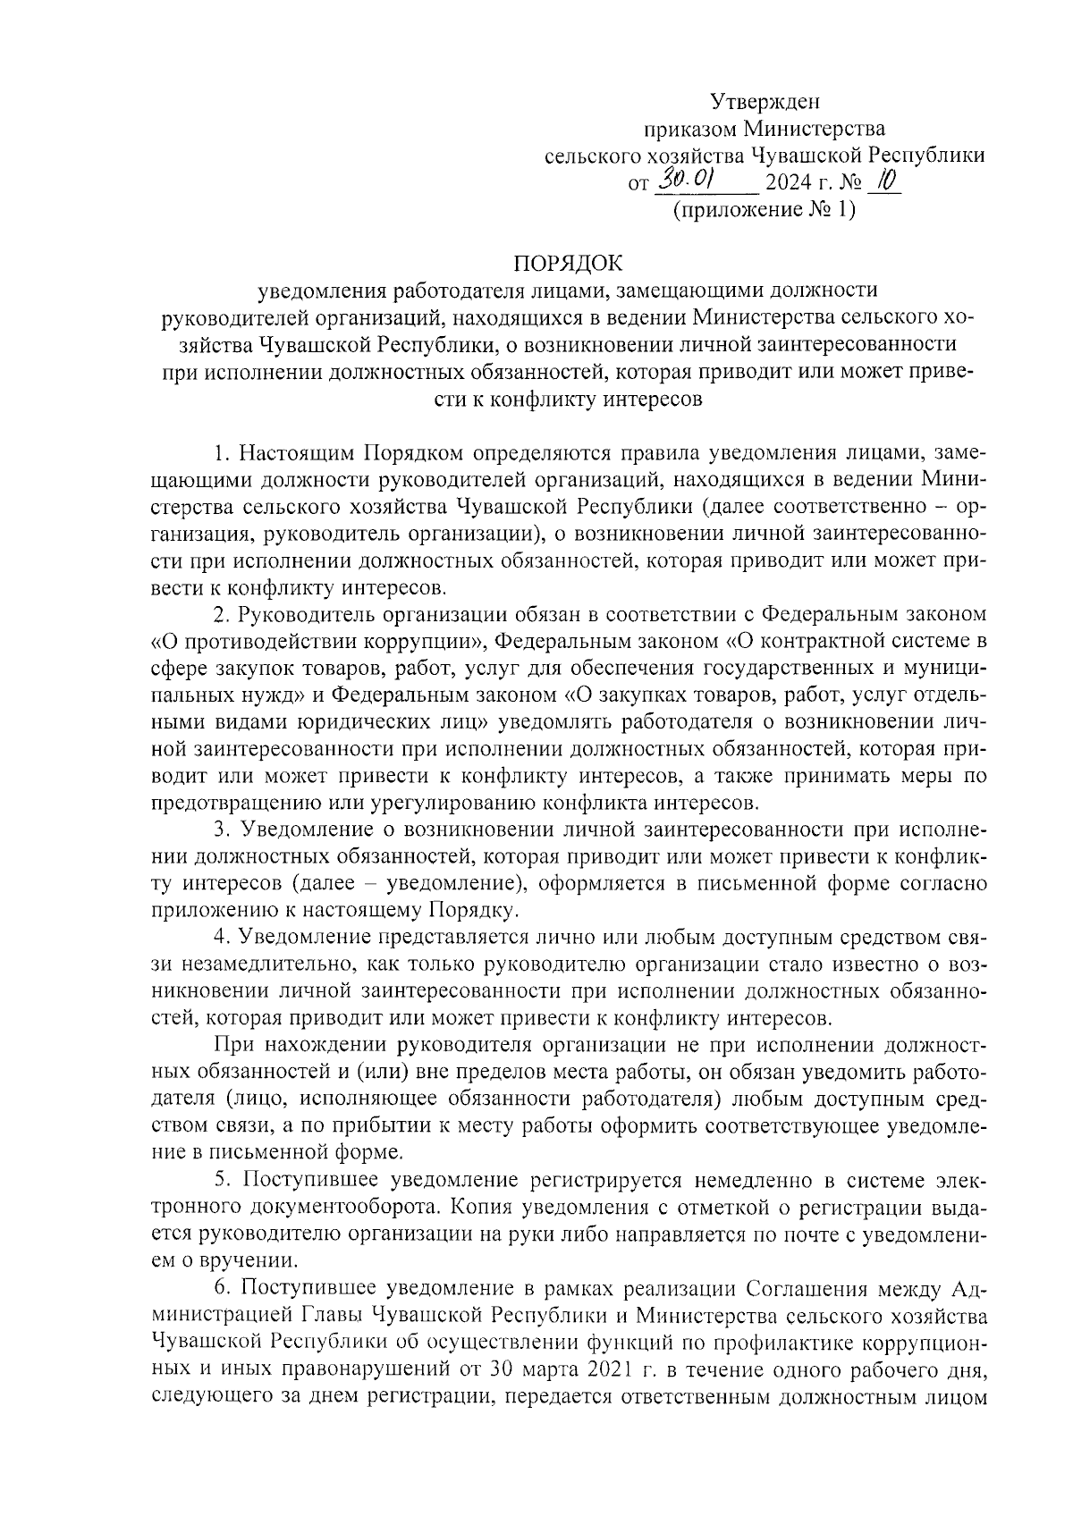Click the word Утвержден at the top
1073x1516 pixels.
click(x=765, y=101)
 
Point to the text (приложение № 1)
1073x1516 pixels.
click(x=765, y=211)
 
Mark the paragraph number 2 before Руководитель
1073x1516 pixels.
click(x=220, y=615)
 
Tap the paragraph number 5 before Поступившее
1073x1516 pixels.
click(x=220, y=1182)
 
